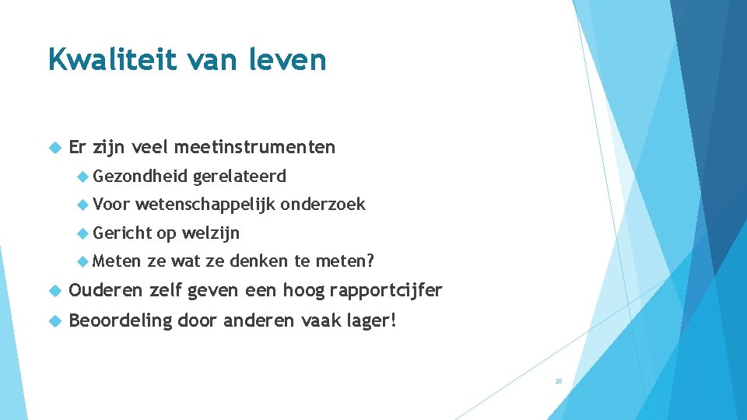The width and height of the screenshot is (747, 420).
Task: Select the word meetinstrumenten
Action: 255,147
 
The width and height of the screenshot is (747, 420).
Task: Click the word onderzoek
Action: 322,205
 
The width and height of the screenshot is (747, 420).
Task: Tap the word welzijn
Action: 211,233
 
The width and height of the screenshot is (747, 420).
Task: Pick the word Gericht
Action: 123,233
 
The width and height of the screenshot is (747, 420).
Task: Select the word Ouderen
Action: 106,291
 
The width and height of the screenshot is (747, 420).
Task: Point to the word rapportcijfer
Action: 386,291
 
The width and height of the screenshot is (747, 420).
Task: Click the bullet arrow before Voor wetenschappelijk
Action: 84,205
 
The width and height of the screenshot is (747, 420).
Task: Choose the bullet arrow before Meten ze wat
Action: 84,261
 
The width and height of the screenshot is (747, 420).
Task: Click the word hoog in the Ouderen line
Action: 303,291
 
